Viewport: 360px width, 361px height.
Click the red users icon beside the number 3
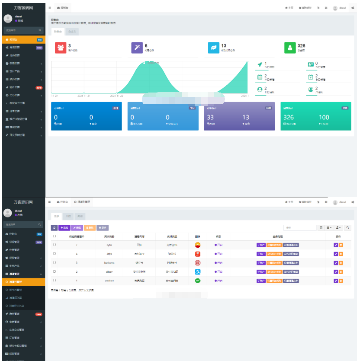[61, 47]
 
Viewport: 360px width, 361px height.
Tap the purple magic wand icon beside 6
[137, 47]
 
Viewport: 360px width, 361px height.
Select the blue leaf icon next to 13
[213, 47]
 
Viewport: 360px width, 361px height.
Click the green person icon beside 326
[290, 47]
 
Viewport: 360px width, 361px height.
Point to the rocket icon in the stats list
[260, 64]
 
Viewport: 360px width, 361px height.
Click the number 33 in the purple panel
[210, 117]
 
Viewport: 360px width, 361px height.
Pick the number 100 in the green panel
[324, 117]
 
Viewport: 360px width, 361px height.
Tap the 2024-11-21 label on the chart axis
[84, 96]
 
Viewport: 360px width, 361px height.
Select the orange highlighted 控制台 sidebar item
[22, 39]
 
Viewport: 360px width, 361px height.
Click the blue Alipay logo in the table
[198, 272]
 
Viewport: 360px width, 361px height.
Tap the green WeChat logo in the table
[198, 281]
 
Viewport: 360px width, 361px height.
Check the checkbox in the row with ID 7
[54, 245]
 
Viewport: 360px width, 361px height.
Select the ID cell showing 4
[77, 254]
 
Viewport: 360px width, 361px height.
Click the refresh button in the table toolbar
[54, 227]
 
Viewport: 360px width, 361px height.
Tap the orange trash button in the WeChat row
[341, 281]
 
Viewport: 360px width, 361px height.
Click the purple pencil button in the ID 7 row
[336, 245]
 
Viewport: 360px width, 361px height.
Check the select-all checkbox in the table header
[54, 236]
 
